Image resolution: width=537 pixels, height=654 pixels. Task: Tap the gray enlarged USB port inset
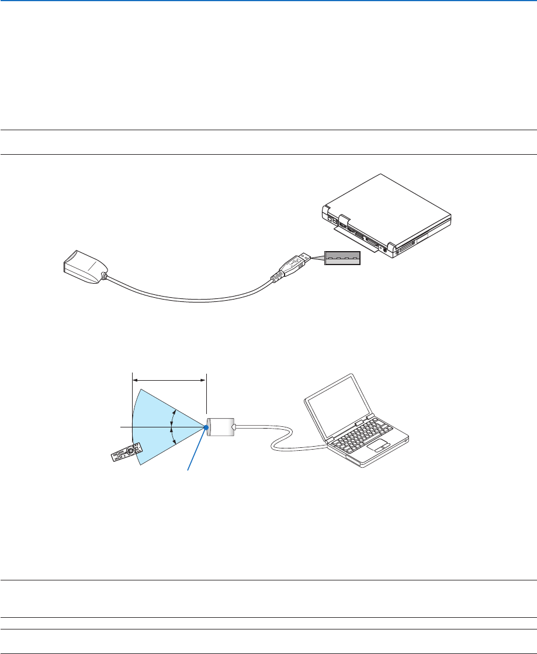tap(343, 258)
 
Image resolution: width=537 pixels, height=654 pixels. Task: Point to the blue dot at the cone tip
tap(207, 427)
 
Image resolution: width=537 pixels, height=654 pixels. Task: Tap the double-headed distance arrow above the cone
tap(169, 380)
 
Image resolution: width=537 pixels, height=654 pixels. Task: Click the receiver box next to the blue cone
tap(220, 427)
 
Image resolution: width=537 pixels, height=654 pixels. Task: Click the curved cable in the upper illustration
tap(187, 298)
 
